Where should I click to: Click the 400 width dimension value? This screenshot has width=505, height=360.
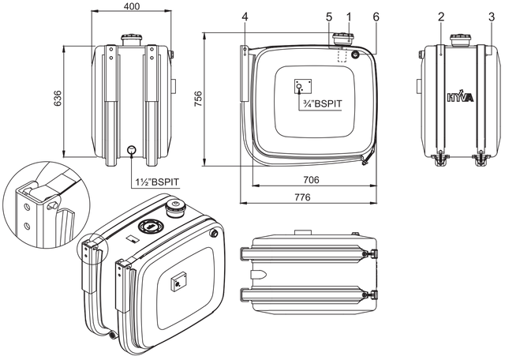click(x=132, y=6)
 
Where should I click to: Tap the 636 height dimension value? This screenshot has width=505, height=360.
click(x=58, y=99)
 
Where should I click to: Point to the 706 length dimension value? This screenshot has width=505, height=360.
click(x=311, y=180)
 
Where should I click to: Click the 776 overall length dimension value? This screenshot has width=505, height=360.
click(x=302, y=197)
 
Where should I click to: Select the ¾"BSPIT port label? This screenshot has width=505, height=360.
click(x=323, y=103)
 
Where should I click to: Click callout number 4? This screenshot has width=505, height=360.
click(x=245, y=17)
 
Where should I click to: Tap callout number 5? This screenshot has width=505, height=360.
click(x=329, y=17)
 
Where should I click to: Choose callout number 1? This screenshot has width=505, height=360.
click(x=349, y=17)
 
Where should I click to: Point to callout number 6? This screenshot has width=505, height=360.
click(x=376, y=17)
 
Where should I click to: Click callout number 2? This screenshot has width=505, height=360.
click(x=441, y=17)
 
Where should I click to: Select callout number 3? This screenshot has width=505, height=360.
click(x=492, y=17)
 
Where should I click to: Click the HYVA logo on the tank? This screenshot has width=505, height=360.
click(x=461, y=96)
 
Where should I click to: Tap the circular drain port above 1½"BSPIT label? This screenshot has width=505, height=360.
click(x=132, y=149)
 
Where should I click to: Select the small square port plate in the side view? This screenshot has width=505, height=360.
click(x=303, y=86)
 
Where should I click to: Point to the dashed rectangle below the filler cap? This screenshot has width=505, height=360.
click(x=342, y=54)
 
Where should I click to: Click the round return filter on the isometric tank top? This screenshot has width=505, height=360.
click(x=149, y=226)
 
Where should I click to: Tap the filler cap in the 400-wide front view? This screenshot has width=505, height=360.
click(x=132, y=40)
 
